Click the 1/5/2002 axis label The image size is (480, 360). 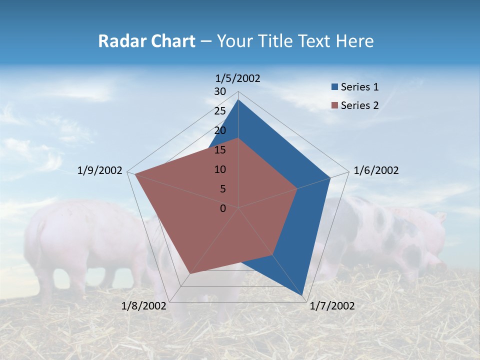pyautogui.click(x=238, y=78)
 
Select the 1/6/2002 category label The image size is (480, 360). pyautogui.click(x=376, y=170)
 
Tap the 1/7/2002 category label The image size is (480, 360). pyautogui.click(x=332, y=306)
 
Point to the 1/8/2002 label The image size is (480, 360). pyautogui.click(x=143, y=306)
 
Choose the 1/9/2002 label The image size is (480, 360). pyautogui.click(x=100, y=170)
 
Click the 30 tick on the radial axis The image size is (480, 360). pyautogui.click(x=220, y=91)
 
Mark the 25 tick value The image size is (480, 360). pyautogui.click(x=220, y=111)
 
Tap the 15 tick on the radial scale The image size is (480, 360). pyautogui.click(x=220, y=150)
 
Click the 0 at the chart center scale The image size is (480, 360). pyautogui.click(x=223, y=208)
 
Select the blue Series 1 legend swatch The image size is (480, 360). pyautogui.click(x=334, y=87)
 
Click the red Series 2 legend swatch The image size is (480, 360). pyautogui.click(x=334, y=105)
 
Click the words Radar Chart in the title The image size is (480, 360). pyautogui.click(x=146, y=41)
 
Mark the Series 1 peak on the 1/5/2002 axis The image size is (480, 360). pyautogui.click(x=238, y=99)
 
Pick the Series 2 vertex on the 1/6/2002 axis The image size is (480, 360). pyautogui.click(x=297, y=188)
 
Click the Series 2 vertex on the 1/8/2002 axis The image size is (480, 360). pyautogui.click(x=189, y=274)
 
